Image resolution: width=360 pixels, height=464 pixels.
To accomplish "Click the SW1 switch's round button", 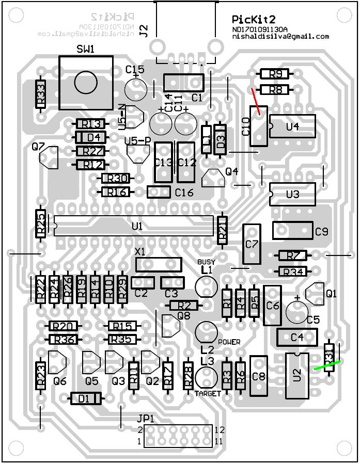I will click(86, 83).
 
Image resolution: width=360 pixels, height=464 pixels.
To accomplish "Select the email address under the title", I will click(280, 37).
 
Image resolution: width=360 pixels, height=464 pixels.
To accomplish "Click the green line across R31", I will click(327, 365).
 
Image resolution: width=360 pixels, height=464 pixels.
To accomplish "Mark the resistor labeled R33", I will click(41, 94).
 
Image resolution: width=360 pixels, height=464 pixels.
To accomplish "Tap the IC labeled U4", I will click(292, 126).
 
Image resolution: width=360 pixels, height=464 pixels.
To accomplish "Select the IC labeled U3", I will click(292, 195).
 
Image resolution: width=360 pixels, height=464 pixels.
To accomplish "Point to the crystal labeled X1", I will click(159, 264).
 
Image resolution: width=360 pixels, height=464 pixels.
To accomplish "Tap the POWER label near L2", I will click(229, 342).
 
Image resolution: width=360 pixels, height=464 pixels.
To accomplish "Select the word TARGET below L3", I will click(208, 393).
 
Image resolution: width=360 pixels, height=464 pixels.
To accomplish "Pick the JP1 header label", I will click(146, 419).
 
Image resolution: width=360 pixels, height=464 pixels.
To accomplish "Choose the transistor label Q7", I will click(38, 147).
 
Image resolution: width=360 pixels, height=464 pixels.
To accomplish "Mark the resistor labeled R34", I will click(293, 271).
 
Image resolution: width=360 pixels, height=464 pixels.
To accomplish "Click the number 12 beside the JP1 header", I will click(220, 429).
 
